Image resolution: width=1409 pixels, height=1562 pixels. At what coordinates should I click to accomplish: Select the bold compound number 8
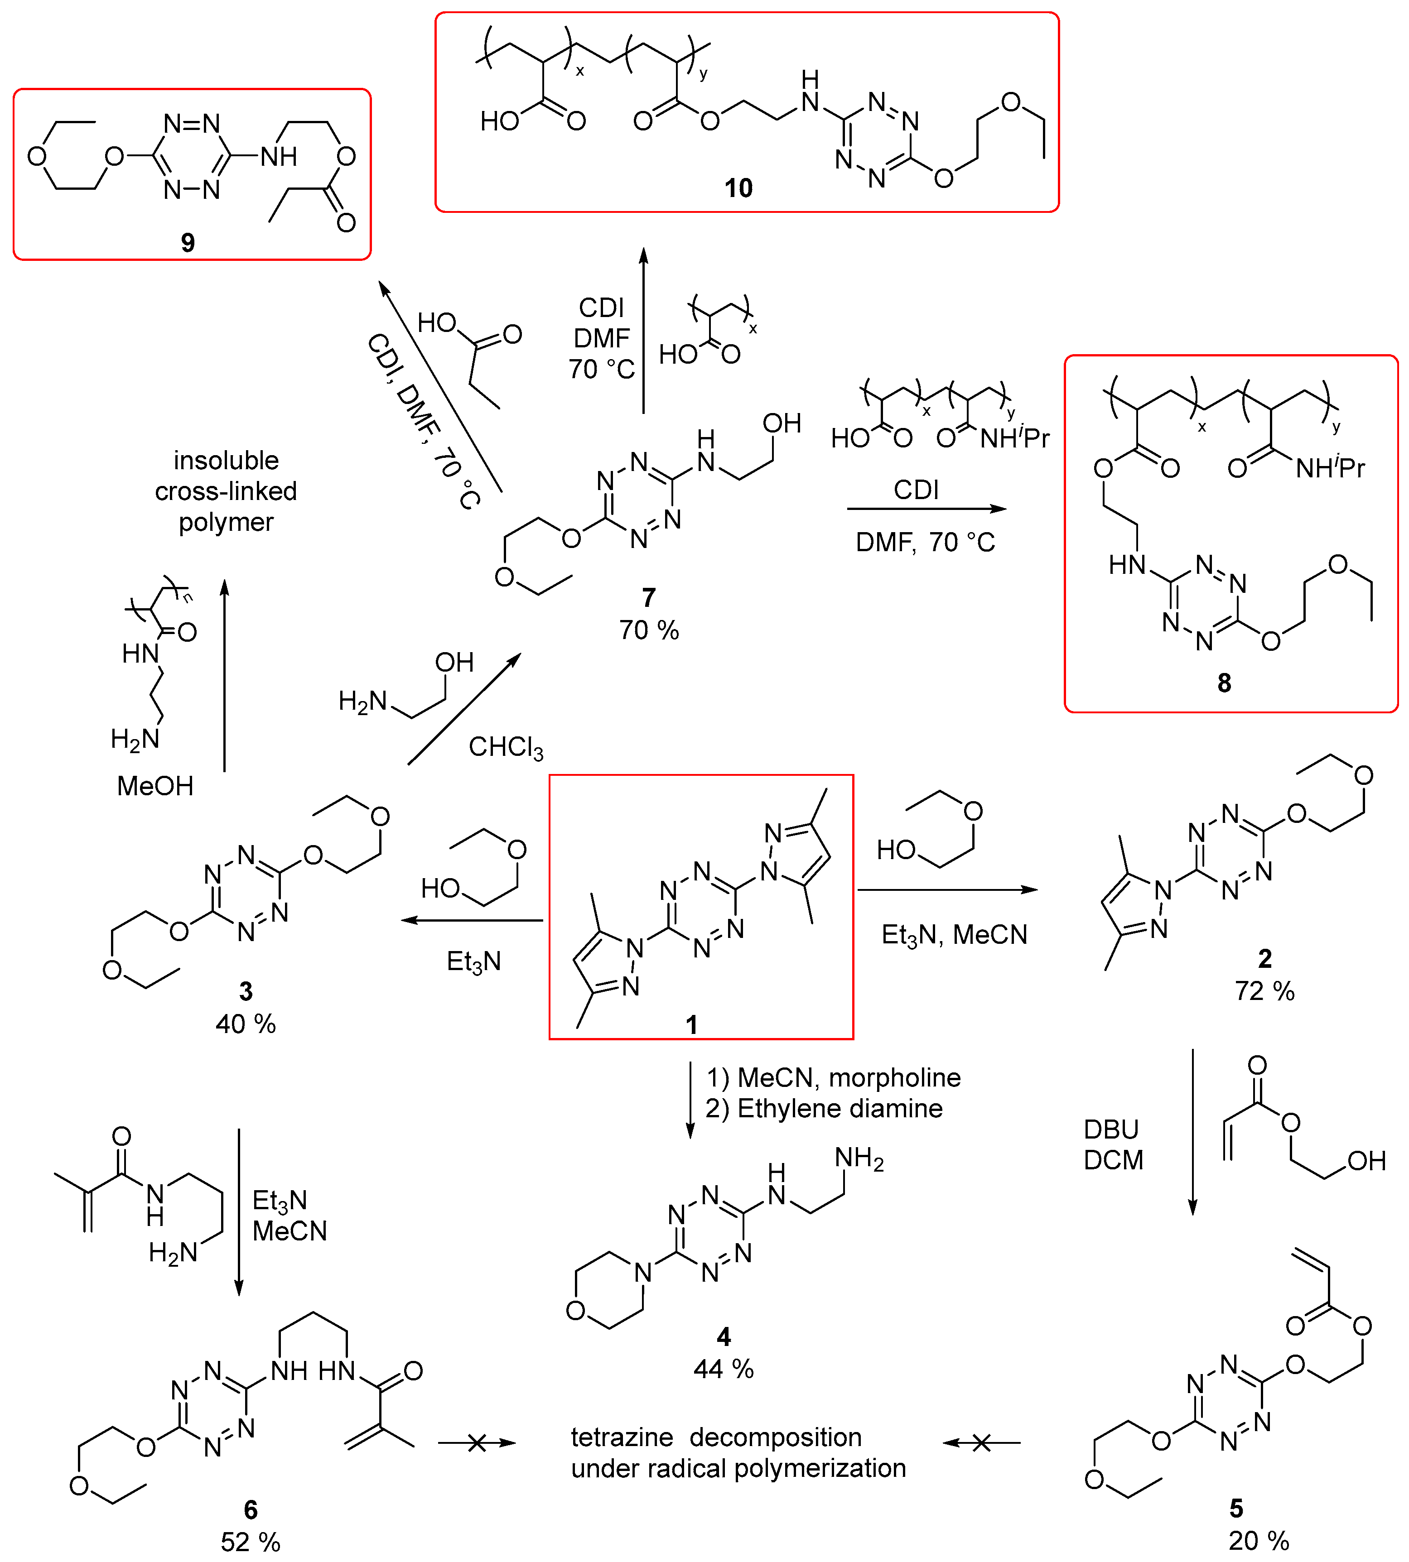[x=1224, y=682]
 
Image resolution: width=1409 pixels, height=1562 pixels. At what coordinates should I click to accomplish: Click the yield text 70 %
[x=649, y=630]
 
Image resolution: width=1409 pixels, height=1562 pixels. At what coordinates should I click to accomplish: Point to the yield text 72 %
[x=1264, y=991]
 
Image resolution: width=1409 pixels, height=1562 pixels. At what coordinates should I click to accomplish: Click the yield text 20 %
[x=1259, y=1540]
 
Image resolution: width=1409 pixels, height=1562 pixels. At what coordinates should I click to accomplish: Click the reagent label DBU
[x=1111, y=1129]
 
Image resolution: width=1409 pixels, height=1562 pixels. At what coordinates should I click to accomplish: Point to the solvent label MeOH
[x=155, y=786]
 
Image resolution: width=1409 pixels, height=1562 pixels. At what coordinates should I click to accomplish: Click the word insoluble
[x=226, y=461]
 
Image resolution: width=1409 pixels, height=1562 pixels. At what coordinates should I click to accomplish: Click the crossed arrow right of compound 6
[x=477, y=1443]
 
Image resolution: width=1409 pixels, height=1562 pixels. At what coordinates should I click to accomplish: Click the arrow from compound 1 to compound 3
[x=472, y=920]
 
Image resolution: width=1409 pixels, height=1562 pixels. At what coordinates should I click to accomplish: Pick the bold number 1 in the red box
[x=691, y=1025]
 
